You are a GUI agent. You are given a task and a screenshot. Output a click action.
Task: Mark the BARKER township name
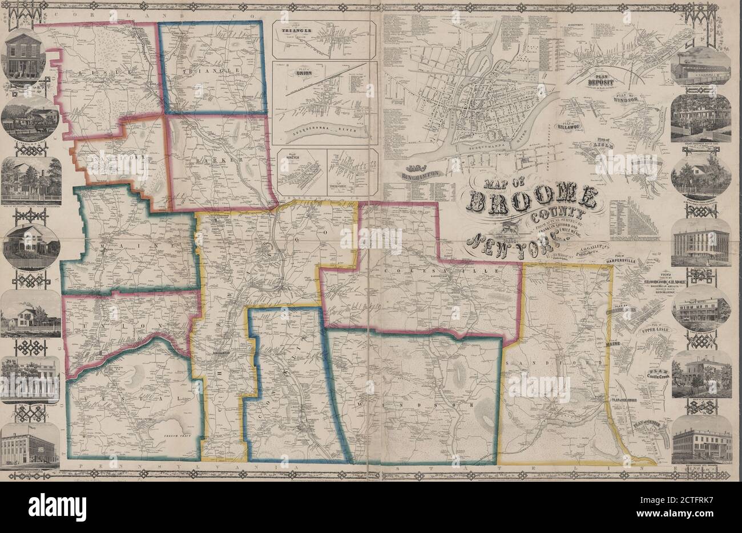click(212, 161)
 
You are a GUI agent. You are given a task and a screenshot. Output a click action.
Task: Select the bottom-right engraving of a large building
click(701, 447)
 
